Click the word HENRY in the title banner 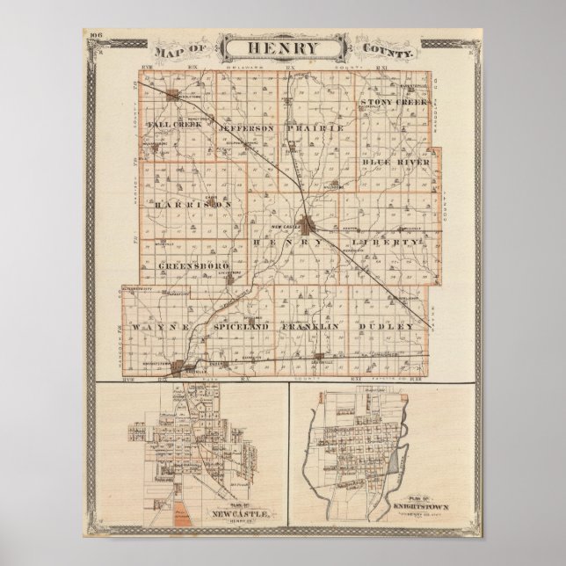pyautogui.click(x=282, y=47)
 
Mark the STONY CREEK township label pyautogui.click(x=394, y=103)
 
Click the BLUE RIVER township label pyautogui.click(x=395, y=162)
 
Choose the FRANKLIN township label pyautogui.click(x=309, y=326)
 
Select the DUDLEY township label pyautogui.click(x=385, y=326)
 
